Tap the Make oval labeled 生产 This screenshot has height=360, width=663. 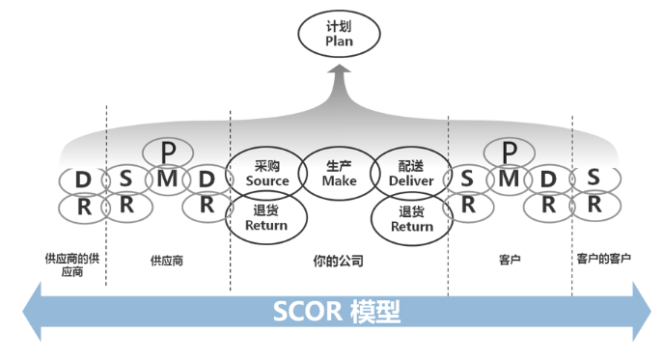339,173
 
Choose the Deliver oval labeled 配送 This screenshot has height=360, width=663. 411,173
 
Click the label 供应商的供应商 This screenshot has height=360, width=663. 71,264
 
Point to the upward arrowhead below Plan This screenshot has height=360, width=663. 339,73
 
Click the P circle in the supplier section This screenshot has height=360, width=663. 168,152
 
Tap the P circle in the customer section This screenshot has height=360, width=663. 509,152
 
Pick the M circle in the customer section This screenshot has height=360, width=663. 509,179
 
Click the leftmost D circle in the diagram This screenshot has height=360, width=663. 83,180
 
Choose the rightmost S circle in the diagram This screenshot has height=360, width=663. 594,178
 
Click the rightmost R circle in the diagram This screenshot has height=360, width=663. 594,205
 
